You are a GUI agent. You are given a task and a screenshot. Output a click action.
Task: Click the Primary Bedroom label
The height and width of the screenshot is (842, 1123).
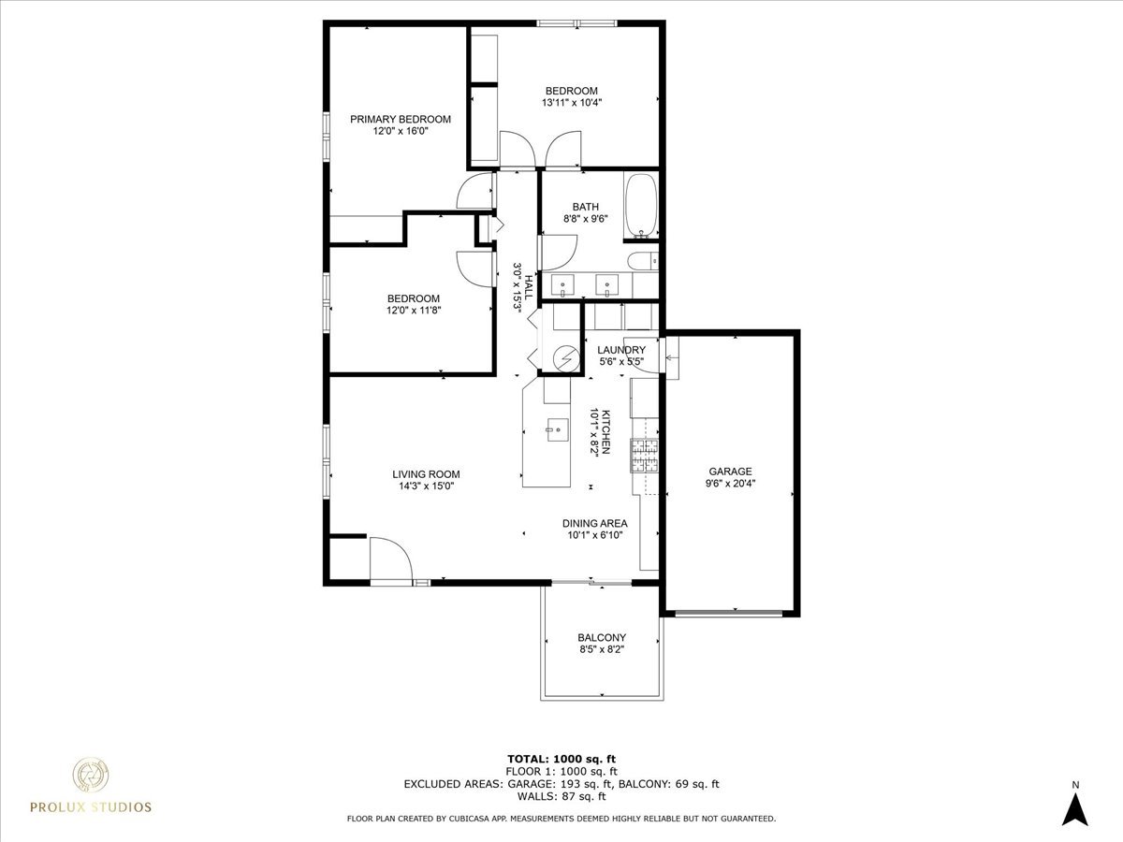[x=401, y=119]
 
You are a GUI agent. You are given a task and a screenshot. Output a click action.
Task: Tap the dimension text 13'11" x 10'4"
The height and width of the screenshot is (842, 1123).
[x=571, y=103]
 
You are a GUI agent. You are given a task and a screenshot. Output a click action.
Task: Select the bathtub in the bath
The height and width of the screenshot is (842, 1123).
[x=641, y=204]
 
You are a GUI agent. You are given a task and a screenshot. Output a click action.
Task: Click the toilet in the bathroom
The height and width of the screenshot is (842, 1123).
[x=643, y=261]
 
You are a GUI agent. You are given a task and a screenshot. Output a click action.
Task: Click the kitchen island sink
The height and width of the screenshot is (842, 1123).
[x=557, y=429]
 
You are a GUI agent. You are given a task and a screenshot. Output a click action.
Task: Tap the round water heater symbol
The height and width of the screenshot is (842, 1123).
[x=565, y=357]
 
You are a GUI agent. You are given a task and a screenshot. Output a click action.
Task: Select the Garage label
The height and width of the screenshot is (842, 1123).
[x=730, y=472]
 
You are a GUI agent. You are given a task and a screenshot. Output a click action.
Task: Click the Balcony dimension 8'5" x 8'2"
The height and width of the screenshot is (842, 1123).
[x=602, y=649]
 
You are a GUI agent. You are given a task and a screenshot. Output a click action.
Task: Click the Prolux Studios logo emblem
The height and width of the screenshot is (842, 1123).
[x=92, y=776]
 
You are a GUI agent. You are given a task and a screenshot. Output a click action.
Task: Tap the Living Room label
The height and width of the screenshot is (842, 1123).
[x=426, y=474]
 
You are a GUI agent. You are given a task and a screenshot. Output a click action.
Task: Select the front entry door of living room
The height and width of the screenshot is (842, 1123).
[x=390, y=561]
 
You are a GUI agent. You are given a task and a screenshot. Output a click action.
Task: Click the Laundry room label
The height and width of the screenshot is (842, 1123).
[x=621, y=350]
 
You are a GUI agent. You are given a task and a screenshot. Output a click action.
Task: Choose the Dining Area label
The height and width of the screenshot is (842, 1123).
[x=594, y=523]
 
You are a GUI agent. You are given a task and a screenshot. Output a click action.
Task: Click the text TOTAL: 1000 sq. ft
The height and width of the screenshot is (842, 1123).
[x=561, y=759]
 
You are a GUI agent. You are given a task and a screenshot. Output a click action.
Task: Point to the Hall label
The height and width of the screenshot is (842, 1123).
[x=529, y=286]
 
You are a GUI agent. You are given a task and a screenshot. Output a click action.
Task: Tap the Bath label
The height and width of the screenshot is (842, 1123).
[x=586, y=207]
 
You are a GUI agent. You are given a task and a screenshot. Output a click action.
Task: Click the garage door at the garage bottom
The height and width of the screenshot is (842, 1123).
[x=729, y=614]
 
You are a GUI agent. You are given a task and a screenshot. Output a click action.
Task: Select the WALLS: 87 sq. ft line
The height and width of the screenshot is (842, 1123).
[x=561, y=797]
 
